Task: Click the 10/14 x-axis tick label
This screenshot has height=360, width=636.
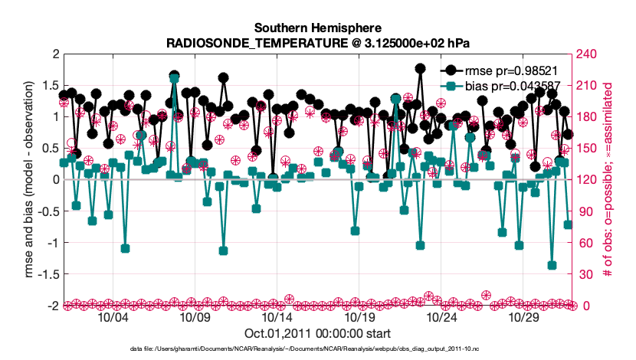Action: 277,317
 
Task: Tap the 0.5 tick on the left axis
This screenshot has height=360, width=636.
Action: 51,148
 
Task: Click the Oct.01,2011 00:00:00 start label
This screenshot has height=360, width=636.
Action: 317,333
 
